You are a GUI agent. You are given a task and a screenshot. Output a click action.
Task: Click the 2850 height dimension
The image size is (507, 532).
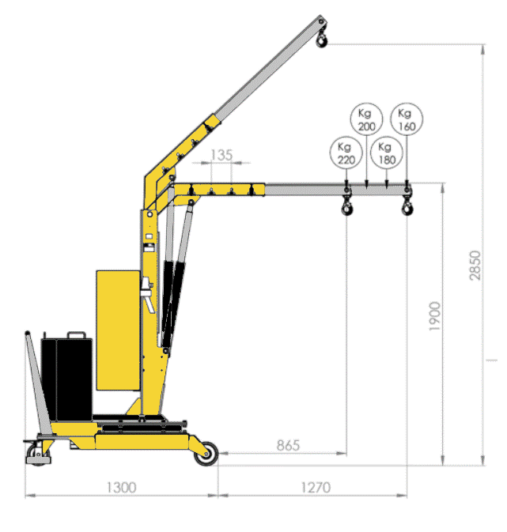(x=475, y=266)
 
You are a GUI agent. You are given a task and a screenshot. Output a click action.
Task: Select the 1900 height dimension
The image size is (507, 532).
(x=435, y=316)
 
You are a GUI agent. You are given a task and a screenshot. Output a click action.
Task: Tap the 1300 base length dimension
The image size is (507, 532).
(x=121, y=488)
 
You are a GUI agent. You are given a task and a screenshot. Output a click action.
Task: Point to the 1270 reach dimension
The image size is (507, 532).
(x=316, y=488)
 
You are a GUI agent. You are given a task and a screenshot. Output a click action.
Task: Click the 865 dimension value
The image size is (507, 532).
(x=288, y=445)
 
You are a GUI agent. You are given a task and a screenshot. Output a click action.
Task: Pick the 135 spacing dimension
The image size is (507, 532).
(x=221, y=155)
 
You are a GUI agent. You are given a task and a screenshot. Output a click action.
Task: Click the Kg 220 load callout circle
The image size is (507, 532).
(x=346, y=153)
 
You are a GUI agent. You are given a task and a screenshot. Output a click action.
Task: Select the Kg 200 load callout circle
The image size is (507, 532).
(x=366, y=119)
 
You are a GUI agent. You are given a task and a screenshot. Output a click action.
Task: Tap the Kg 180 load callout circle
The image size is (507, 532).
(x=387, y=153)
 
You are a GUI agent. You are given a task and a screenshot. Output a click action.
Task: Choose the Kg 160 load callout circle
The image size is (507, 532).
(x=407, y=119)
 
